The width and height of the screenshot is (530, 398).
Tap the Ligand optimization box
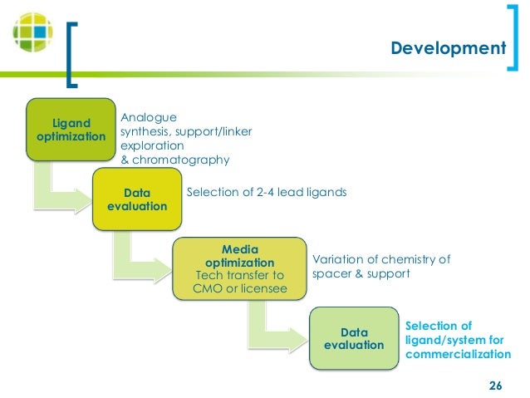point(69,129)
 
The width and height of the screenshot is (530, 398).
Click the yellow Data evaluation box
point(138,199)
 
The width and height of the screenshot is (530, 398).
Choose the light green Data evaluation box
point(353,337)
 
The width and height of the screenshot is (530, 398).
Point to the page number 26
point(496,386)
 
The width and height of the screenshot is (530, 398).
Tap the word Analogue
point(149,117)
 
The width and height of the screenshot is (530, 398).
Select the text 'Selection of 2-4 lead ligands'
point(266,193)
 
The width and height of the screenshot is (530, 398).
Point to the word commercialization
point(458,355)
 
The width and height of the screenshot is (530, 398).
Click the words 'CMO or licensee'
point(239,288)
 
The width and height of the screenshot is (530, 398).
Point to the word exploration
point(152,145)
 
